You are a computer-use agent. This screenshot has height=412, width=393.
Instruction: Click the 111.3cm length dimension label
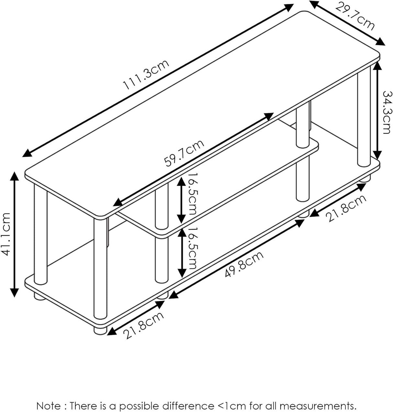[x=146, y=75]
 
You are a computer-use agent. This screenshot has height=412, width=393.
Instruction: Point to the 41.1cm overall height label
[x=6, y=234]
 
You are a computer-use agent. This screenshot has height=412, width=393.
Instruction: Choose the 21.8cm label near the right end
[x=347, y=208]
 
